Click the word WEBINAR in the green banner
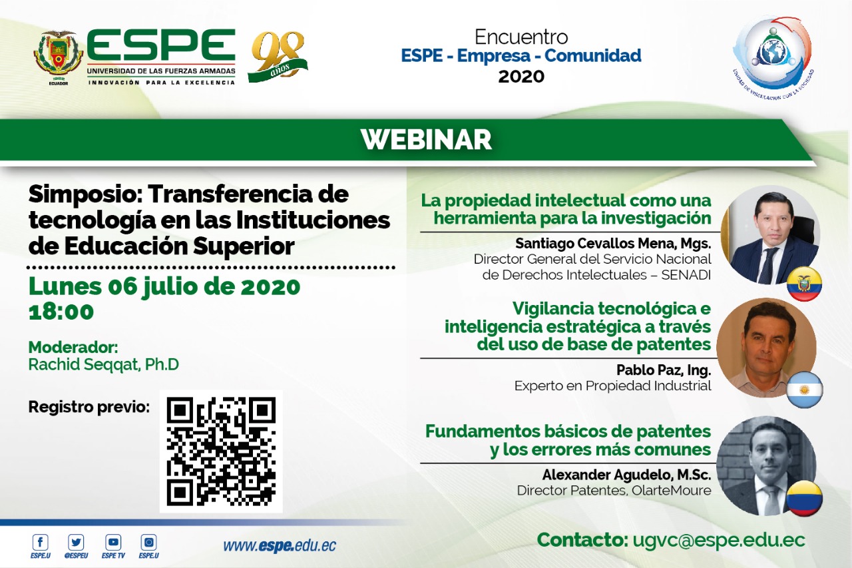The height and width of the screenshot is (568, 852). click(x=426, y=140)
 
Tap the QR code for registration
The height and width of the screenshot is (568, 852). click(x=221, y=451)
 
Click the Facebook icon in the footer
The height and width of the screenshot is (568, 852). click(x=41, y=542)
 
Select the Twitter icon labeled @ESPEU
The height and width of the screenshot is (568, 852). click(x=76, y=542)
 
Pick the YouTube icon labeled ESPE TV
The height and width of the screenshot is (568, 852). click(x=113, y=542)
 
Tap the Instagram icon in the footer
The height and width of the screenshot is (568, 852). click(x=148, y=542)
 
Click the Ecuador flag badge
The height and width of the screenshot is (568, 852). click(x=804, y=284)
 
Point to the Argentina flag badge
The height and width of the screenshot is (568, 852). click(x=805, y=390)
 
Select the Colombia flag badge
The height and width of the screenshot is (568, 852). click(x=805, y=497)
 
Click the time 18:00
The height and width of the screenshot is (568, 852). click(x=61, y=312)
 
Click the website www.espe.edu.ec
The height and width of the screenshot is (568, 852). click(x=280, y=546)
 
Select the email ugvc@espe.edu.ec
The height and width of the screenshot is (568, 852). click(x=719, y=540)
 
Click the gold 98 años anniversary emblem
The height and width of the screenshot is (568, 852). click(x=278, y=57)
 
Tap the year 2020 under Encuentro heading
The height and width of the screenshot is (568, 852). click(x=521, y=77)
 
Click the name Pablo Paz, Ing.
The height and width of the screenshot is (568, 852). click(x=664, y=370)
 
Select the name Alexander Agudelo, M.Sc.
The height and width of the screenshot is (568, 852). click(x=626, y=474)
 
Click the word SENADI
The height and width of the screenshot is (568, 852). click(x=686, y=275)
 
